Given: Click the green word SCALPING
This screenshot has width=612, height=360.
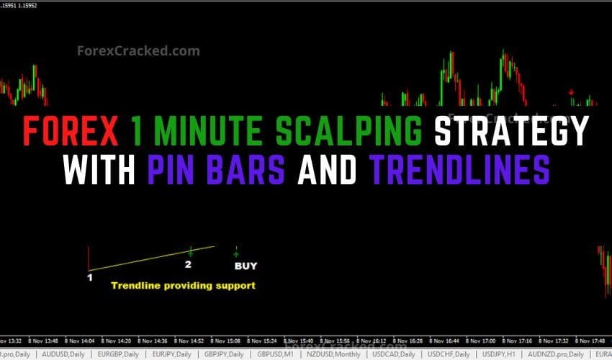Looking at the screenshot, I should point(352,132).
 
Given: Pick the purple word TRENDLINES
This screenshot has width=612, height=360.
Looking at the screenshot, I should point(460,171).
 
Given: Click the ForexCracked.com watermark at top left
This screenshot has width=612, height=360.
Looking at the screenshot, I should point(138,51).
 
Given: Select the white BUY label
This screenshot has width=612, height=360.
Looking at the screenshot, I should point(246,266).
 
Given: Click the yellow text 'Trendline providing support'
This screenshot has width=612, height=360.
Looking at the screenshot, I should point(183,285).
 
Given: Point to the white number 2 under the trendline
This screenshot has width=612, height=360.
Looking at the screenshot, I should point(188,264).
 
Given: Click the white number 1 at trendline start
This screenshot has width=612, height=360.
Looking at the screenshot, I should point(89,276).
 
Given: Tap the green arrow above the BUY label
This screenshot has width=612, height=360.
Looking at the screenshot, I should point(236,252).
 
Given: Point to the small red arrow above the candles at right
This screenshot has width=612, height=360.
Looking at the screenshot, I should point(571,92).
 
